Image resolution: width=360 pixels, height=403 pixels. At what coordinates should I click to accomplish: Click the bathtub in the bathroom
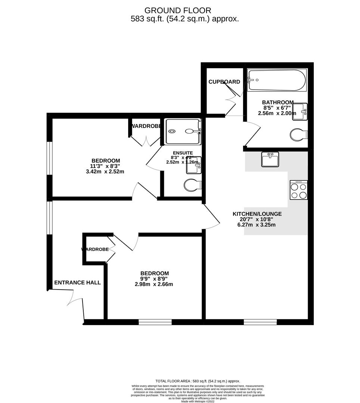tap(277, 80)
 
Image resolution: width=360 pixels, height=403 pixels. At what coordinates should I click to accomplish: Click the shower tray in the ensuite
tap(183, 131)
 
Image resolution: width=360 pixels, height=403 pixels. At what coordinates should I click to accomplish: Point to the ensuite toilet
tap(193, 185)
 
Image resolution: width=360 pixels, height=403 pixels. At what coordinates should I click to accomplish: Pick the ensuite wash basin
tap(194, 165)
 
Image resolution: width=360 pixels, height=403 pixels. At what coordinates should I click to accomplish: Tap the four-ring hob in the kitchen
tap(298, 190)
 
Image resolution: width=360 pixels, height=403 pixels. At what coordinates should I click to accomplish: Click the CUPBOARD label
tap(224, 82)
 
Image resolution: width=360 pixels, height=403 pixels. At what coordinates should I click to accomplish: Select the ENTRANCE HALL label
tap(77, 282)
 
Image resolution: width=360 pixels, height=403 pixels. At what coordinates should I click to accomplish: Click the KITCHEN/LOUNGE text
tap(257, 214)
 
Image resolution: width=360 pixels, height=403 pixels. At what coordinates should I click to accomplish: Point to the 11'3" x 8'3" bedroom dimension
tap(105, 166)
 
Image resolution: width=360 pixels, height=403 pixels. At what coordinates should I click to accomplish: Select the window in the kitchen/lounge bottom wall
tap(260, 322)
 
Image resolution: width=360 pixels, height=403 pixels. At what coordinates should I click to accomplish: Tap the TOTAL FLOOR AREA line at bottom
tap(198, 381)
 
